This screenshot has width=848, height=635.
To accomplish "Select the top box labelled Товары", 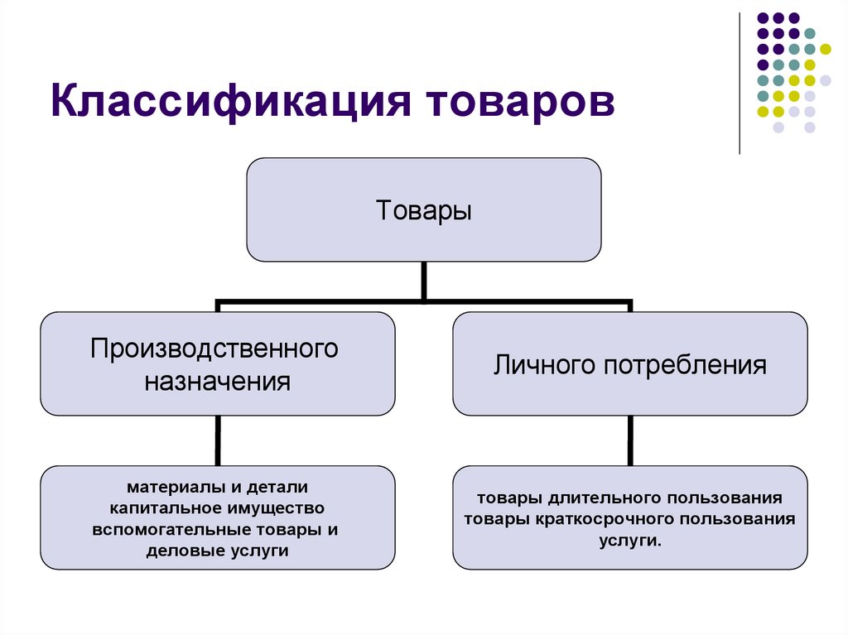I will click(424, 209).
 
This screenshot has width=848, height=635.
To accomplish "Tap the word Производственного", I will click(215, 348).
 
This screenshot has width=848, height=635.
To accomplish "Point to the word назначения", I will click(218, 382).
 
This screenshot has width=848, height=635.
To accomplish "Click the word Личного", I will click(541, 365).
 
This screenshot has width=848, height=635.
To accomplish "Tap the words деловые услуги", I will click(217, 551).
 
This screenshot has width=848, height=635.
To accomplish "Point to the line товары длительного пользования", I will click(629, 498).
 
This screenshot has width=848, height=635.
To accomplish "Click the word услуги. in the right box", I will click(629, 541).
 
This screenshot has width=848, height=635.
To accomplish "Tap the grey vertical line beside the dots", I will click(740, 83).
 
